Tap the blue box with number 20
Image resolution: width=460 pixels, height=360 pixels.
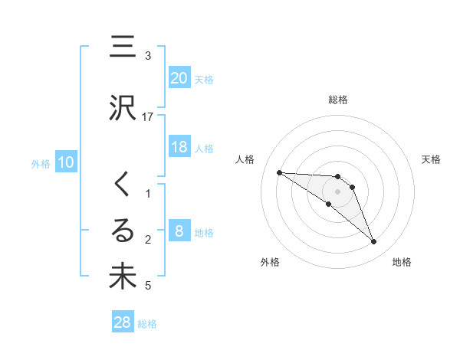click(179, 78)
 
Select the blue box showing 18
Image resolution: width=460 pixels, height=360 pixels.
click(179, 147)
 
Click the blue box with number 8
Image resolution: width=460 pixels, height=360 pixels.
click(179, 231)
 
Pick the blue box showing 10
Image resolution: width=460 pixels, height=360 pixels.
click(65, 162)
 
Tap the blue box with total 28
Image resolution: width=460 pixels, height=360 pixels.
click(123, 323)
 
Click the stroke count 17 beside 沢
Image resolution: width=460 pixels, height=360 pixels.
click(148, 116)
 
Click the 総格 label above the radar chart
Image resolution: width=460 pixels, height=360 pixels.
click(338, 100)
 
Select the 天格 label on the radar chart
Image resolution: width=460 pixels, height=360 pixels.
click(431, 159)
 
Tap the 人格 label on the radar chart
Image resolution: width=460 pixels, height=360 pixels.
click(246, 159)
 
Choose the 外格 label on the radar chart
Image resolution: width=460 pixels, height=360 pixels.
click(269, 262)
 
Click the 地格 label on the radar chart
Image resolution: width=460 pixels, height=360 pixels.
click(402, 262)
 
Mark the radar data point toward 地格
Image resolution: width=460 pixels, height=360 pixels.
click(373, 242)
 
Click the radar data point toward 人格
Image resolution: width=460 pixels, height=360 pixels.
click(279, 172)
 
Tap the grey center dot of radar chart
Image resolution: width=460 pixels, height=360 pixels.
click(337, 191)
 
